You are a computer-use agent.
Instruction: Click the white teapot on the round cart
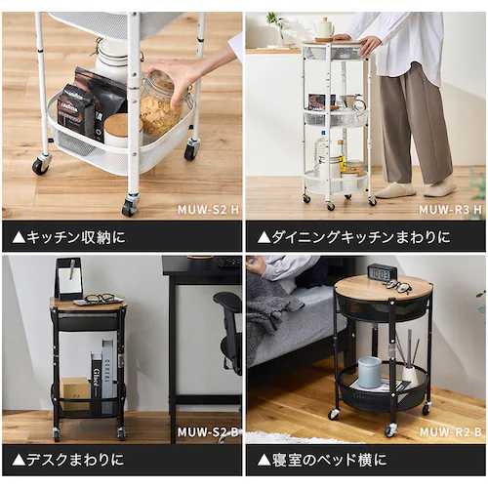tap(323, 28)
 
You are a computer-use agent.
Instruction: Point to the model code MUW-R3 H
tap(450, 208)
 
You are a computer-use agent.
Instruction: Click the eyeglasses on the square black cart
tap(98, 299)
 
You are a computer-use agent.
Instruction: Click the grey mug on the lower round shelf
tap(370, 372)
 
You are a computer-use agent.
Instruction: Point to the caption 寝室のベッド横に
tap(322, 460)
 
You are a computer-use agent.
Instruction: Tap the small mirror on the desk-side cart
tap(68, 280)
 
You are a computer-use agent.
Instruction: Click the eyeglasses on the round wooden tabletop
tap(398, 286)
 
